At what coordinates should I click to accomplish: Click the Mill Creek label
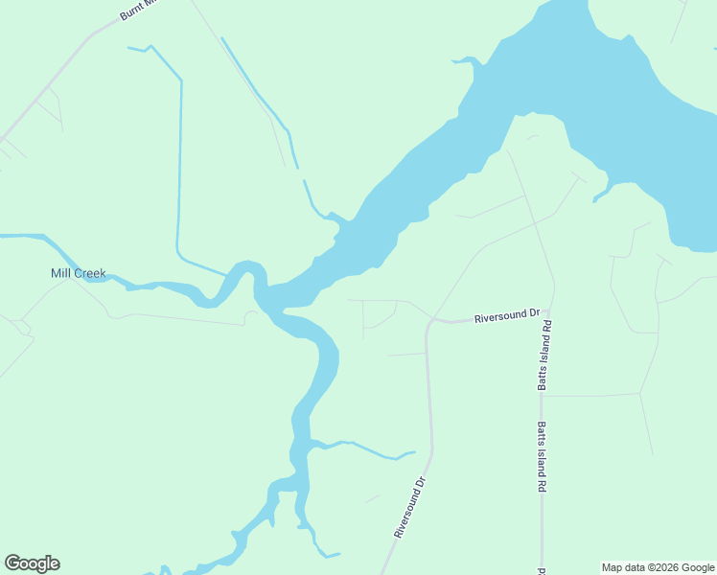[78, 273]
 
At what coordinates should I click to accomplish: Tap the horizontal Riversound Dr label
[508, 315]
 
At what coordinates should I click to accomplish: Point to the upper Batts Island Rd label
[544, 355]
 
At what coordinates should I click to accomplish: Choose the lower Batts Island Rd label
[542, 457]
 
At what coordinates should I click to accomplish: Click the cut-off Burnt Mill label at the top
[137, 10]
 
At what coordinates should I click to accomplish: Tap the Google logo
[32, 563]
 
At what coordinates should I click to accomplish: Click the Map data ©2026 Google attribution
[658, 567]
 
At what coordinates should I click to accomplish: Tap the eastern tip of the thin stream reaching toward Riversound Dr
[414, 452]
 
